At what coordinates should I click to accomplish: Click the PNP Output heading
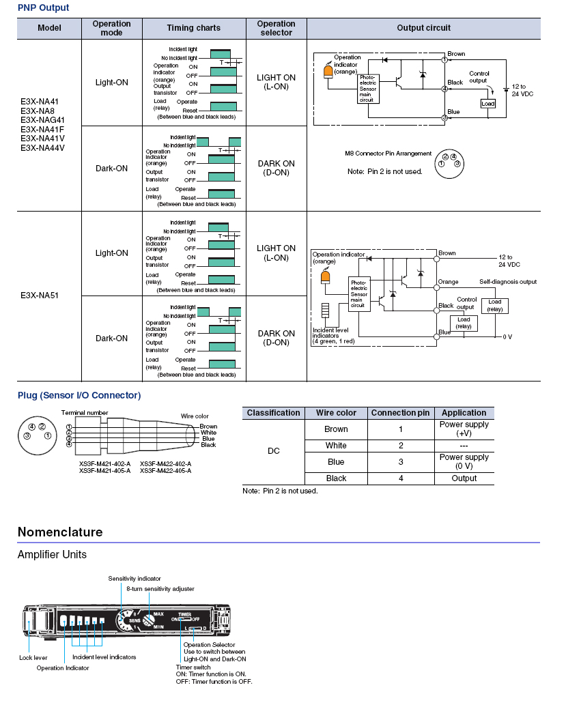[x=43, y=8]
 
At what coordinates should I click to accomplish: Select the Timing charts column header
[x=193, y=28]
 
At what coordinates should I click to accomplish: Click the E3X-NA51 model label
[x=40, y=296]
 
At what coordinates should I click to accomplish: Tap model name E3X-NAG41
[x=42, y=120]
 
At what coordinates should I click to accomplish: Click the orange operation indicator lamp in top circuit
[x=328, y=72]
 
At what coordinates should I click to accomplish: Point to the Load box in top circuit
[x=488, y=104]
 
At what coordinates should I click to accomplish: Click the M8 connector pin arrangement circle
[x=449, y=164]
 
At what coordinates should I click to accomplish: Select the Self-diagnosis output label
[x=508, y=282]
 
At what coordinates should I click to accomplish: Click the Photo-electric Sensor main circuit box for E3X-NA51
[x=359, y=295]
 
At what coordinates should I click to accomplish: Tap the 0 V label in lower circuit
[x=507, y=336]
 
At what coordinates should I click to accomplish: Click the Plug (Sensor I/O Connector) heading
[x=79, y=395]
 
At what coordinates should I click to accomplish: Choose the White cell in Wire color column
[x=336, y=446]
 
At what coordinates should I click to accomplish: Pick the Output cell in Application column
[x=464, y=478]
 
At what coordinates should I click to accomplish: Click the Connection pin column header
[x=400, y=413]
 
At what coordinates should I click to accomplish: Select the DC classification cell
[x=274, y=451]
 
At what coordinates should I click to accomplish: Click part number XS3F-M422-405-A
[x=166, y=471]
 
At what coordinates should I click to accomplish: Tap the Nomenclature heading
[x=60, y=532]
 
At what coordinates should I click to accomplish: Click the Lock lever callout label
[x=33, y=658]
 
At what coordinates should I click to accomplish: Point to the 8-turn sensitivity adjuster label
[x=160, y=589]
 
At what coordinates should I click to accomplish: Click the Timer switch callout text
[x=193, y=667]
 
